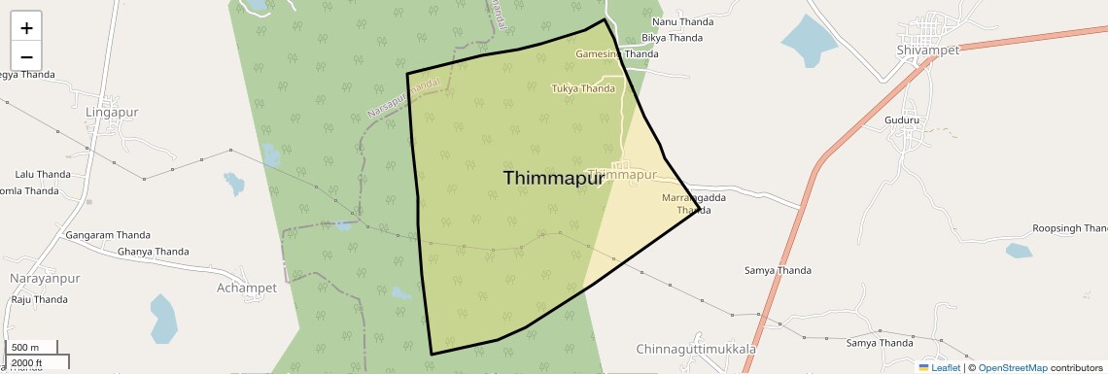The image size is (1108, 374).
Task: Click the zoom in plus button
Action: tap(26, 28)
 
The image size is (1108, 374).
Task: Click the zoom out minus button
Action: tap(26, 56)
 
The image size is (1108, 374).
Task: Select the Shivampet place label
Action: tap(927, 50)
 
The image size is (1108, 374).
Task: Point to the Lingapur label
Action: tap(112, 112)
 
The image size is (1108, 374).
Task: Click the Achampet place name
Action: tap(247, 288)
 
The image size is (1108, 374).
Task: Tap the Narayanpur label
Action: tap(44, 279)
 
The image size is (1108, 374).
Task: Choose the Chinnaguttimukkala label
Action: tap(696, 349)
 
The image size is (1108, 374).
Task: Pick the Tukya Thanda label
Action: tap(583, 88)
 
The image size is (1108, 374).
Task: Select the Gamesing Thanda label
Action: tap(610, 54)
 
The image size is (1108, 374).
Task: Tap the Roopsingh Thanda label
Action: tap(1069, 229)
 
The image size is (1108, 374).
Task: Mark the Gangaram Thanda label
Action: tap(106, 235)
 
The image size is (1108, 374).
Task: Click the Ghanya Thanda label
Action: tap(153, 252)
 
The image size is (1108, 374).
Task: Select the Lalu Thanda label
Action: tap(43, 174)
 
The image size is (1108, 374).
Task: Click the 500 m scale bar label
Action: tap(26, 348)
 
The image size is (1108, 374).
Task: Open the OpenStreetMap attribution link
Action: tap(1012, 367)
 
